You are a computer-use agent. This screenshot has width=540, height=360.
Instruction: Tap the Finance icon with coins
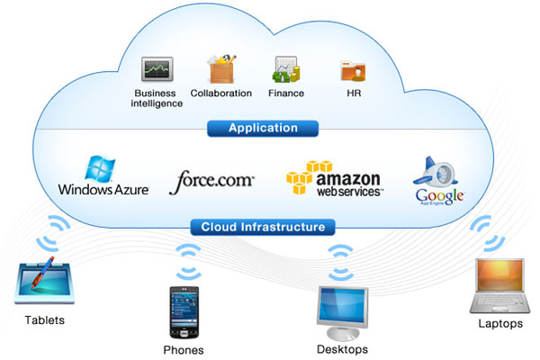tap(285, 69)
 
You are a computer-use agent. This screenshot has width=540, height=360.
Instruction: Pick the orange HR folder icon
tap(351, 71)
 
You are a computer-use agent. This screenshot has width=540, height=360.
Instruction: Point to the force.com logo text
tap(212, 179)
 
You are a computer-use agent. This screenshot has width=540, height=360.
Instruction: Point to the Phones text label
tap(184, 349)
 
